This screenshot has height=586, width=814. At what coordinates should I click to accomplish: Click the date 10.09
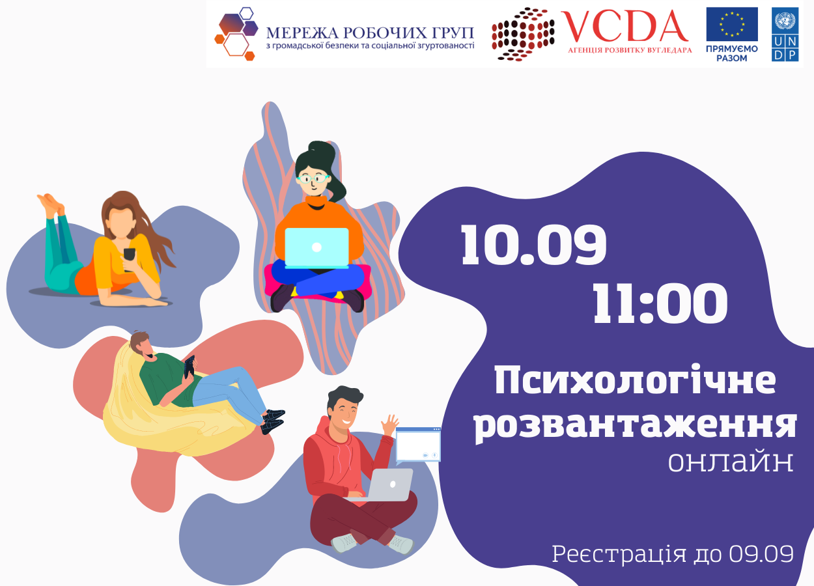click(533, 245)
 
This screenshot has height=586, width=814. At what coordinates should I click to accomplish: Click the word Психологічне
click(635, 380)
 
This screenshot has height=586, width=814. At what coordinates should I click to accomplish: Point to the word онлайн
click(731, 461)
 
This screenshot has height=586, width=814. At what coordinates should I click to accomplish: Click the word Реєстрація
click(619, 555)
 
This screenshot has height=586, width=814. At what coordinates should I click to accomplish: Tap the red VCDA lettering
click(625, 26)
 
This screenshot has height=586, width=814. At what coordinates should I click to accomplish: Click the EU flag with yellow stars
click(732, 24)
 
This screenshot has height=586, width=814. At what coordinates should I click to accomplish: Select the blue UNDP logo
click(785, 34)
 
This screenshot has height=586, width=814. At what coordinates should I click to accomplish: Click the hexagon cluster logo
click(236, 33)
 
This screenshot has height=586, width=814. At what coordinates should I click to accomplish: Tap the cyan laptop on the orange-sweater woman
click(316, 248)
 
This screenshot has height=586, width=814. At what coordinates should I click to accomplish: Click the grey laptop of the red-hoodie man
click(386, 485)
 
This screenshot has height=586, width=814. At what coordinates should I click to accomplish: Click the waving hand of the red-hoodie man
click(390, 425)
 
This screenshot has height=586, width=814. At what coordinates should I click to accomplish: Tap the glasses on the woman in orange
click(313, 178)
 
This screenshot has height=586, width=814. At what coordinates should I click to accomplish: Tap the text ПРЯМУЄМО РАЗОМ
click(732, 53)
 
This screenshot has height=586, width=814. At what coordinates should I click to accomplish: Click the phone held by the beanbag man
click(189, 367)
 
